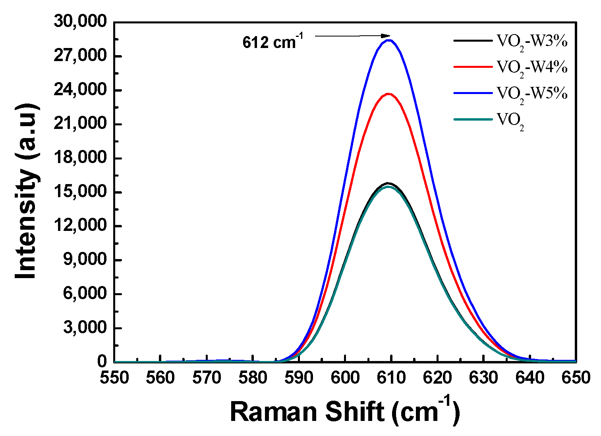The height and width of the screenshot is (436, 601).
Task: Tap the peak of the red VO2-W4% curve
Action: pos(389,94)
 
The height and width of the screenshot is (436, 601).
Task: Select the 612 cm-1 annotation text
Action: pos(272,42)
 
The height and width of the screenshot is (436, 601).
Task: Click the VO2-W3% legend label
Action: pos(532,42)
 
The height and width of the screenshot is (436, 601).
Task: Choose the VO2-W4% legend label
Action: pos(532,68)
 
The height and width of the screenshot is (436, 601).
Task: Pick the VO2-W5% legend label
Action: pos(532,94)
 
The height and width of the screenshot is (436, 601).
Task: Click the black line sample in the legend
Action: pos(473,40)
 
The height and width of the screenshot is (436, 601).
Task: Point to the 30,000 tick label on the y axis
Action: pos(80,22)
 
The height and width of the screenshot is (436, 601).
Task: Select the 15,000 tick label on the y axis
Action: pos(80,192)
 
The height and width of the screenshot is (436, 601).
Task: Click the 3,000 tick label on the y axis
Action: pos(85,328)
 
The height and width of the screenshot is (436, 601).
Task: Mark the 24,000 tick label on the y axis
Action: pos(80,90)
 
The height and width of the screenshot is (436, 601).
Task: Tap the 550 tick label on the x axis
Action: pos(114,378)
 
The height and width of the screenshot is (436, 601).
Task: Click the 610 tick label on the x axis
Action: pos(391,378)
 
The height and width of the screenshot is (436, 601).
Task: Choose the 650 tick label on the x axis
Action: pos(576,378)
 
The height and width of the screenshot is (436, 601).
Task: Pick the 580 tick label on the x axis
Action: pos(253,378)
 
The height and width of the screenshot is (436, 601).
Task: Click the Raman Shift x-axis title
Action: pos(345,411)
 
